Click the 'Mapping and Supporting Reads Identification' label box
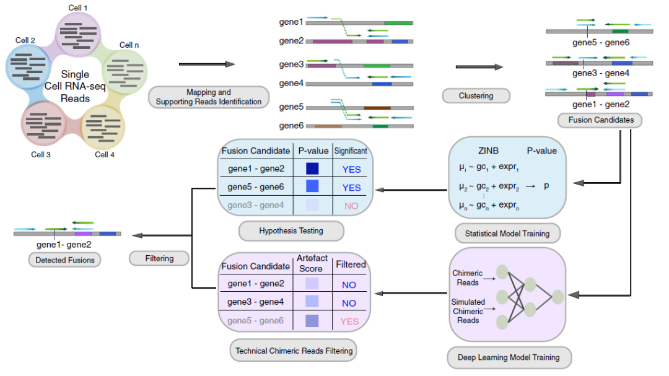coord(209,97)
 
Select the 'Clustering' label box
coord(476,95)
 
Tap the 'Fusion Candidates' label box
coord(600,120)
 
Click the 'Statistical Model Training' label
coord(507,234)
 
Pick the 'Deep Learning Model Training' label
coord(509,357)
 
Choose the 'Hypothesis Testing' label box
coord(291,231)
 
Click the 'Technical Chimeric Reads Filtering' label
coord(294,351)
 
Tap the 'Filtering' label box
coord(159,258)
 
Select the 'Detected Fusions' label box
coord(65,260)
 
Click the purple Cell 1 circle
coord(78,34)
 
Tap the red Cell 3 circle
coord(43,124)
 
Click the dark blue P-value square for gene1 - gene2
coord(312,168)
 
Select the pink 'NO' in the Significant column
coord(351,206)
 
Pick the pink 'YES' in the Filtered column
coord(349,321)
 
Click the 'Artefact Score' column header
coord(312,263)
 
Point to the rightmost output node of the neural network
coord(557,297)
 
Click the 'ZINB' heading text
coord(488,151)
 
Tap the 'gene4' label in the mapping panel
coord(291,83)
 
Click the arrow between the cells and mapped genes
coord(207,64)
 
